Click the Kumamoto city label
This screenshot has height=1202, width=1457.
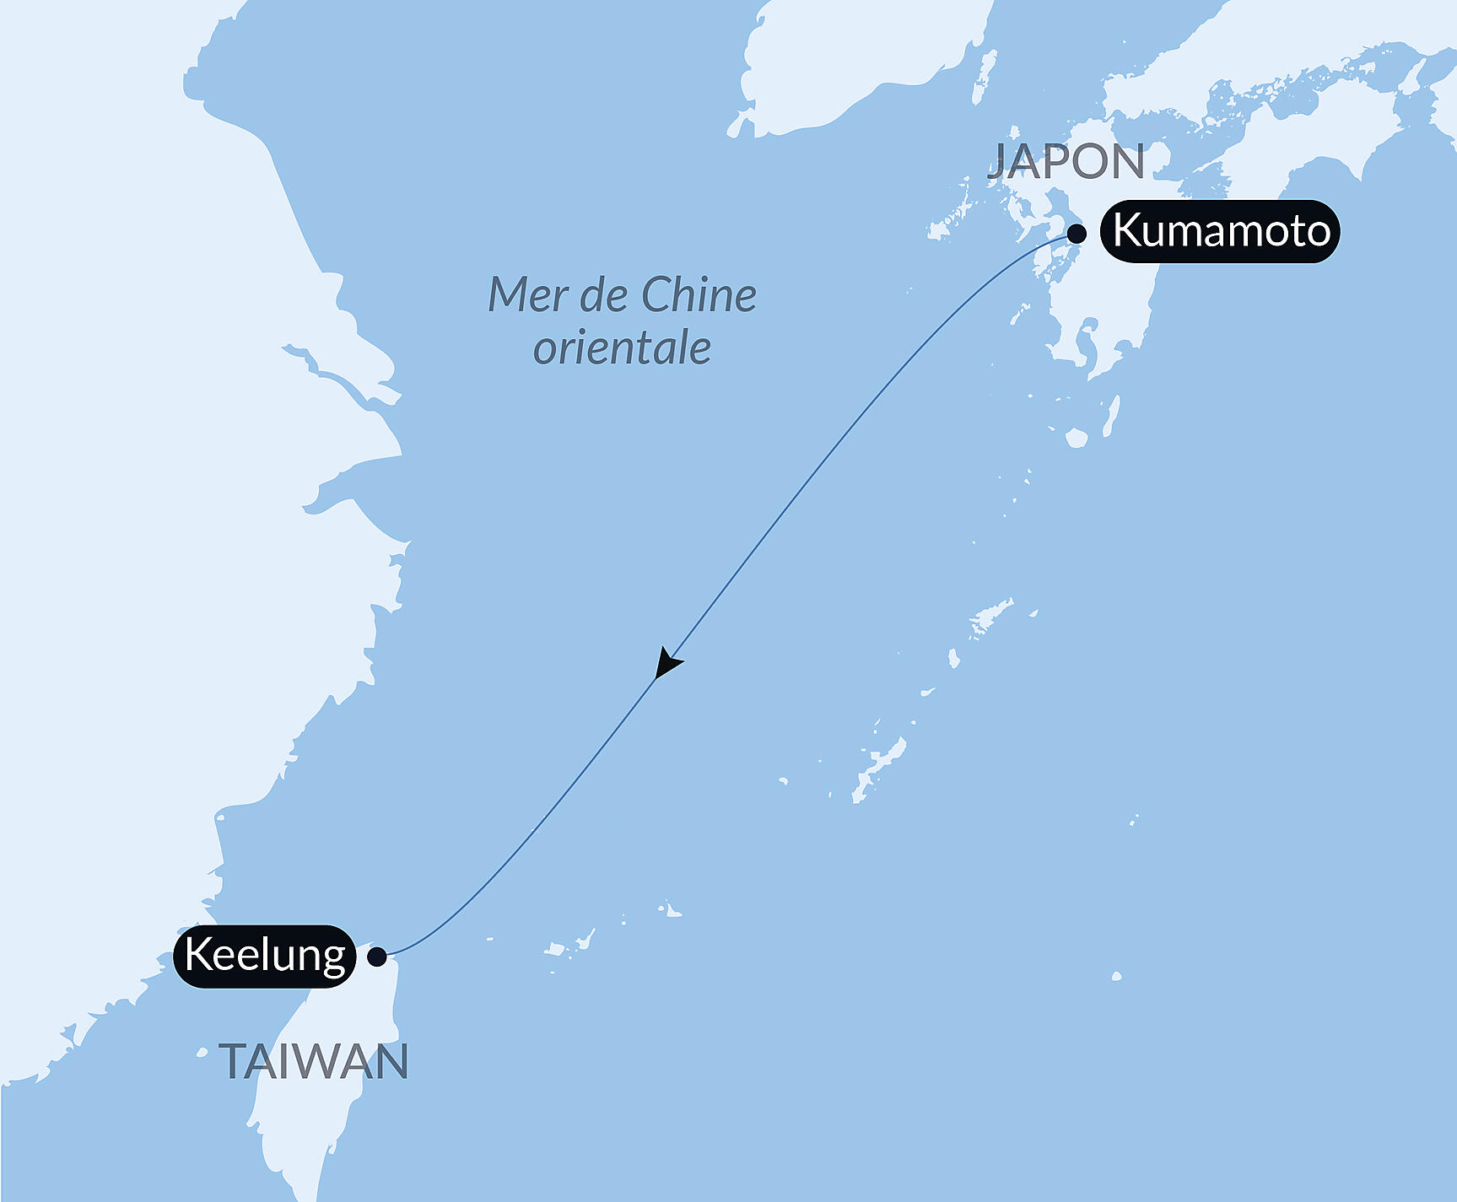(x=1220, y=231)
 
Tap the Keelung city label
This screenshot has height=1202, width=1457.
(x=265, y=956)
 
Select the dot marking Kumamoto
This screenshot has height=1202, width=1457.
(x=1077, y=234)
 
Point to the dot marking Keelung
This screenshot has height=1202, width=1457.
(x=377, y=957)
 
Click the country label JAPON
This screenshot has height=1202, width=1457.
(x=1066, y=161)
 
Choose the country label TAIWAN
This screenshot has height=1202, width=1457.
(x=314, y=1061)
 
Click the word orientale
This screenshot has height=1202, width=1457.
(x=622, y=348)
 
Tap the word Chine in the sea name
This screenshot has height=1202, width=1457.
(x=699, y=295)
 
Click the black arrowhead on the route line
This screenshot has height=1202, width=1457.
(x=666, y=663)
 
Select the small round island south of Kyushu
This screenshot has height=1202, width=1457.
(x=1076, y=438)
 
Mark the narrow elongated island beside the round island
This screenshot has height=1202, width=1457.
(x=1112, y=415)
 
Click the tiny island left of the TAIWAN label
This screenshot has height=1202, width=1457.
(x=202, y=1052)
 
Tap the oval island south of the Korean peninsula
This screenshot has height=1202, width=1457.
(x=985, y=75)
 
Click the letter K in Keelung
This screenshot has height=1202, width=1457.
(x=197, y=955)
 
